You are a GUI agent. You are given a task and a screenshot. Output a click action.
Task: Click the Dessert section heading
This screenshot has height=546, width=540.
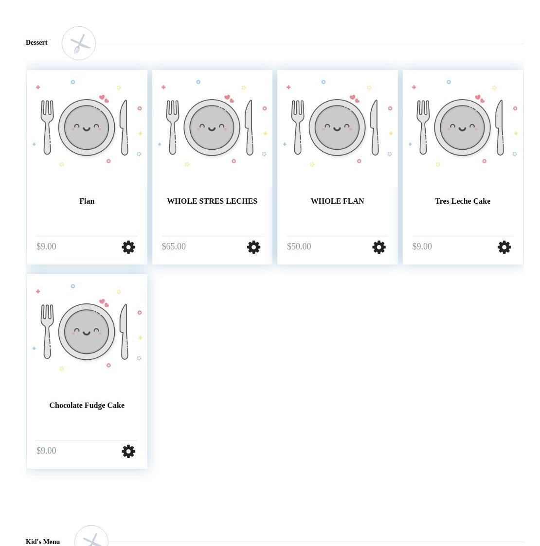[x=36, y=42]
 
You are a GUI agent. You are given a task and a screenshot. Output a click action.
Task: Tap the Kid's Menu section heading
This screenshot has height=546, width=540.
[x=43, y=542]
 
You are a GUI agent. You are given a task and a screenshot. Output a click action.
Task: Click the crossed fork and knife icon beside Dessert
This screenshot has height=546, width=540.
[x=79, y=43]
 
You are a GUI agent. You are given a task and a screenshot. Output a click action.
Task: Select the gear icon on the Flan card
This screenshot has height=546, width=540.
[x=128, y=247]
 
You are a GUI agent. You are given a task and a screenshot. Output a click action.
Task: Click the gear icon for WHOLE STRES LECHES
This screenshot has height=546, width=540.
[x=253, y=247]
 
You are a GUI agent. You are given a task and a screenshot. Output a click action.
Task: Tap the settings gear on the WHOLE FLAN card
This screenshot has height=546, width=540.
[x=378, y=247]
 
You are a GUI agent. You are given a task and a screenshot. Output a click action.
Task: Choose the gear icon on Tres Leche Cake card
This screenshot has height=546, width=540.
[x=504, y=247]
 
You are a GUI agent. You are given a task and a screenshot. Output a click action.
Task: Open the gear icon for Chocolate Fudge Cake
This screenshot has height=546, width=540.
[x=128, y=451]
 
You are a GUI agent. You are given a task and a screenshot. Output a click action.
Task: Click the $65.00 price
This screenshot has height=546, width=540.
[x=174, y=247]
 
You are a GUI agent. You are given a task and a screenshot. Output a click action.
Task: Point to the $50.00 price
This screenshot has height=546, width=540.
[x=299, y=247]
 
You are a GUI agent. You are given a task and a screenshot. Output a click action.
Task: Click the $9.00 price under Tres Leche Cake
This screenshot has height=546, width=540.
[x=422, y=247]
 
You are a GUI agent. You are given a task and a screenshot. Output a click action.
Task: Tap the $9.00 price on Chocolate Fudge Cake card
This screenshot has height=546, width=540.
[x=46, y=451]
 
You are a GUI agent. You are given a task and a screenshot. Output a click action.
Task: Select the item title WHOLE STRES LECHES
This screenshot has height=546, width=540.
[x=212, y=201]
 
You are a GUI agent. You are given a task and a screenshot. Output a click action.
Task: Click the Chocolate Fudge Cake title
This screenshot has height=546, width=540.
[x=87, y=405]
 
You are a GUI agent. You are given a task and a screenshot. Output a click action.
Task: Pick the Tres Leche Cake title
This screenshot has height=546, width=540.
[x=463, y=201]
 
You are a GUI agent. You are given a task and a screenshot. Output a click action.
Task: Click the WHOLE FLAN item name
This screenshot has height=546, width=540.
[x=337, y=201]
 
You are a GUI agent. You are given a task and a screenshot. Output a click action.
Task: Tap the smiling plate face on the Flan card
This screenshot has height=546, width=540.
[x=87, y=127]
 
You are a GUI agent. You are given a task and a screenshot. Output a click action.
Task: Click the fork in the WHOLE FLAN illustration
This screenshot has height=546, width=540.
[x=298, y=127]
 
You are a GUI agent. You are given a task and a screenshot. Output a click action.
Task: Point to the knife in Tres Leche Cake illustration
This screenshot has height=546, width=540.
[x=500, y=127]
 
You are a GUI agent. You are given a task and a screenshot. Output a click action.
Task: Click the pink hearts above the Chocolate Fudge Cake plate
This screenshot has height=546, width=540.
[x=104, y=303]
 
